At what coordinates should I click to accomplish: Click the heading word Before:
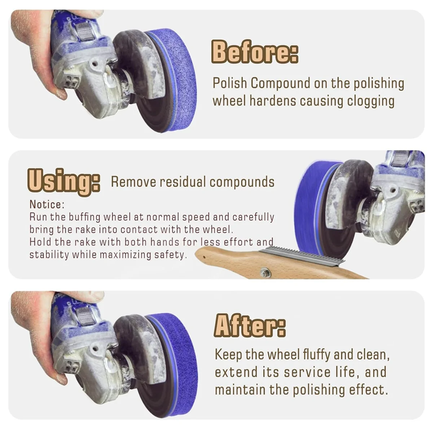pyautogui.click(x=254, y=52)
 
